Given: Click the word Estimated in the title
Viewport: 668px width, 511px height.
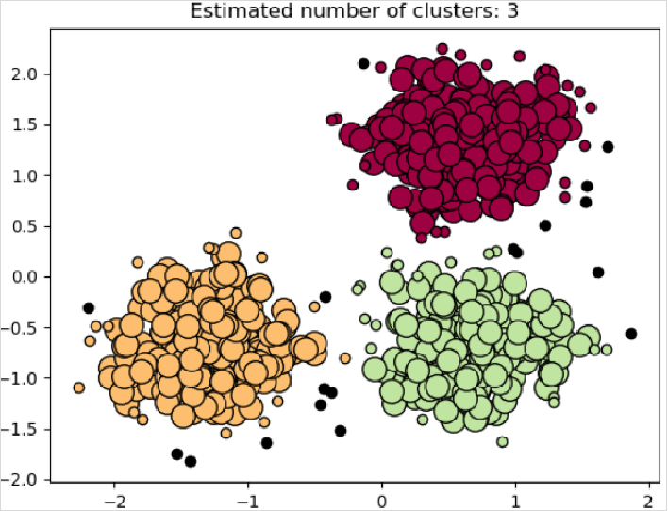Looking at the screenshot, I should click(x=227, y=11).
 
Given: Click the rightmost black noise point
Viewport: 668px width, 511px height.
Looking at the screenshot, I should click(x=631, y=334).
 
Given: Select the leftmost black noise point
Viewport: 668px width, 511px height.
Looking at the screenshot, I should click(x=89, y=308).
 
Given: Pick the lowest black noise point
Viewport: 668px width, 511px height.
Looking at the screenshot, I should click(x=191, y=461).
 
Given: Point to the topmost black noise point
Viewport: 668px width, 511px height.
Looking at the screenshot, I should click(x=363, y=64).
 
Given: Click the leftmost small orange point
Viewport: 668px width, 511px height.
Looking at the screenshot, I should click(x=79, y=387).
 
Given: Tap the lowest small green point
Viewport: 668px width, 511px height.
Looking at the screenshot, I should click(x=502, y=441).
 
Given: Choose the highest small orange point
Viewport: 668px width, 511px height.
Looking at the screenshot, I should click(x=237, y=232).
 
